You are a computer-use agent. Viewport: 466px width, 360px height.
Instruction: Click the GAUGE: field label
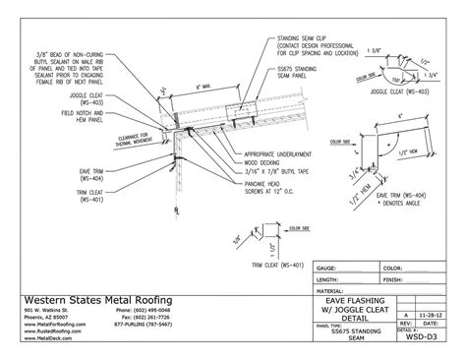pyautogui.click(x=327, y=267)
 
